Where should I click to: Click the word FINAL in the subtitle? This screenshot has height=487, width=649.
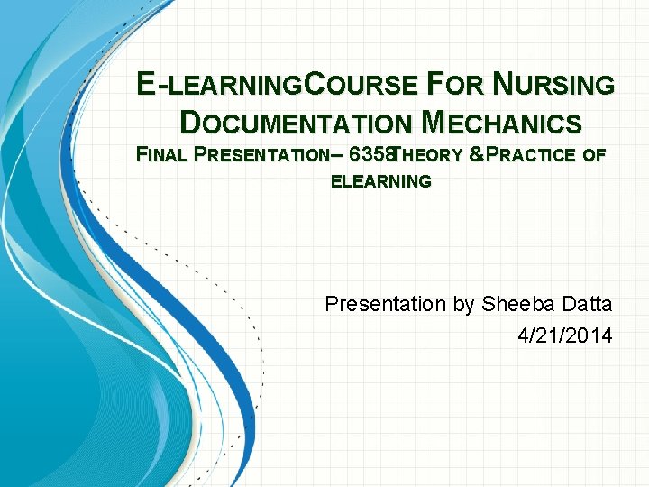click(160, 155)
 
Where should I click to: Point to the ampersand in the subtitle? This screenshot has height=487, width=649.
click(477, 155)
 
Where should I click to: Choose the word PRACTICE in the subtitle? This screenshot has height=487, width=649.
click(532, 155)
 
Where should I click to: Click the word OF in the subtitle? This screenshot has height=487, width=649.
click(595, 155)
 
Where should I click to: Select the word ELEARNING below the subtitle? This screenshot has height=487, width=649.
click(381, 182)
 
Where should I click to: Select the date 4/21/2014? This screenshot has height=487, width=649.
click(565, 335)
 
